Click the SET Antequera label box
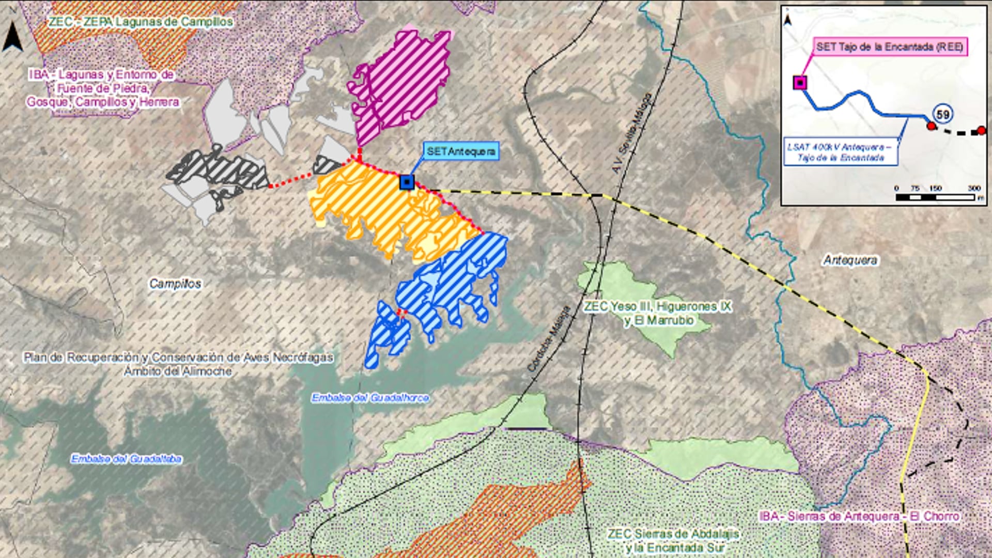coord(461,151)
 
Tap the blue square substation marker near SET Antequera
coord(407,182)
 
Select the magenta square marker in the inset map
coord(800,83)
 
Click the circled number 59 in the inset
coord(943,114)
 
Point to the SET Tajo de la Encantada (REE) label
coord(890,47)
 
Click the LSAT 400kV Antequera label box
coord(840,152)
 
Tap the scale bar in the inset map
coord(935,197)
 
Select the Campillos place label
coord(175,284)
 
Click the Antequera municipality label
coord(850,260)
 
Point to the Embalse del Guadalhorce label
coord(370,398)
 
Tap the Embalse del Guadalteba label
coord(126,459)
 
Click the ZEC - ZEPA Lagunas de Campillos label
coord(141,22)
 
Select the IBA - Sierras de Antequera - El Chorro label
coord(859,516)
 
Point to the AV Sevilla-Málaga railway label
coord(631,133)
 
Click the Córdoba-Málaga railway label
coord(549,338)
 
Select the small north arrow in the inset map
coord(787,20)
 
